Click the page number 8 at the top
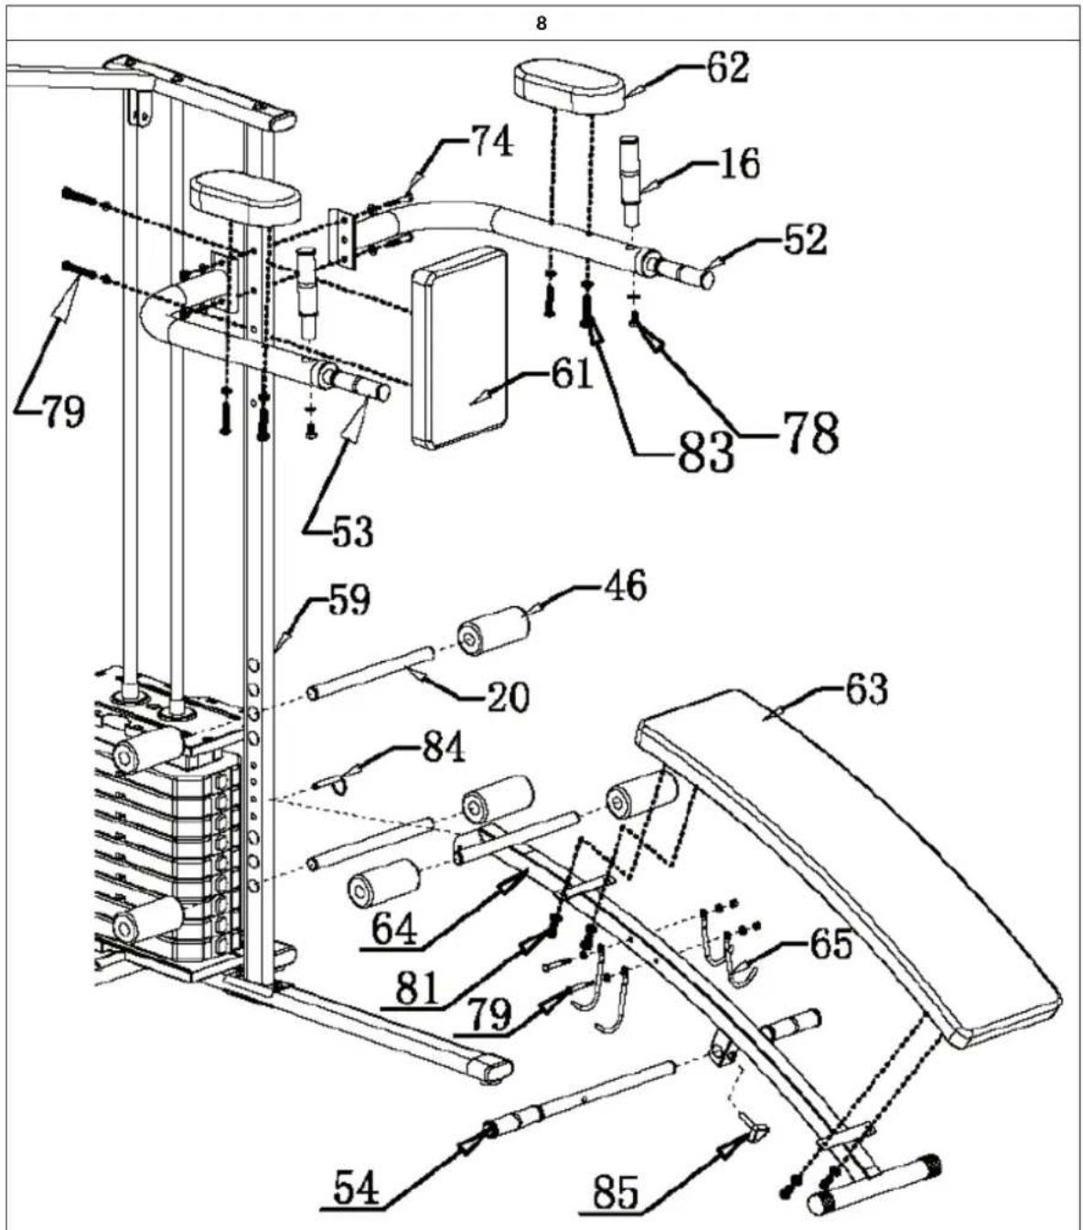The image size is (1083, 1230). point(541,25)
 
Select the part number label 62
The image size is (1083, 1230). point(726,69)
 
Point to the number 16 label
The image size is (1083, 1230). point(739,164)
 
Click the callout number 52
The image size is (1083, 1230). point(804,240)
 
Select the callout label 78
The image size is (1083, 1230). point(809,433)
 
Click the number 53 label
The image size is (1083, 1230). point(352,529)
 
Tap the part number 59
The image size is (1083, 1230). point(348,601)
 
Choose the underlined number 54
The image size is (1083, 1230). point(357,1189)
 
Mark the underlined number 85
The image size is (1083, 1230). point(616,1193)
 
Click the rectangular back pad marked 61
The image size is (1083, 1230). point(459,348)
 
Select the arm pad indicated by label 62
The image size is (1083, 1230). point(569,82)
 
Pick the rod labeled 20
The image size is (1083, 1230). point(370,672)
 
